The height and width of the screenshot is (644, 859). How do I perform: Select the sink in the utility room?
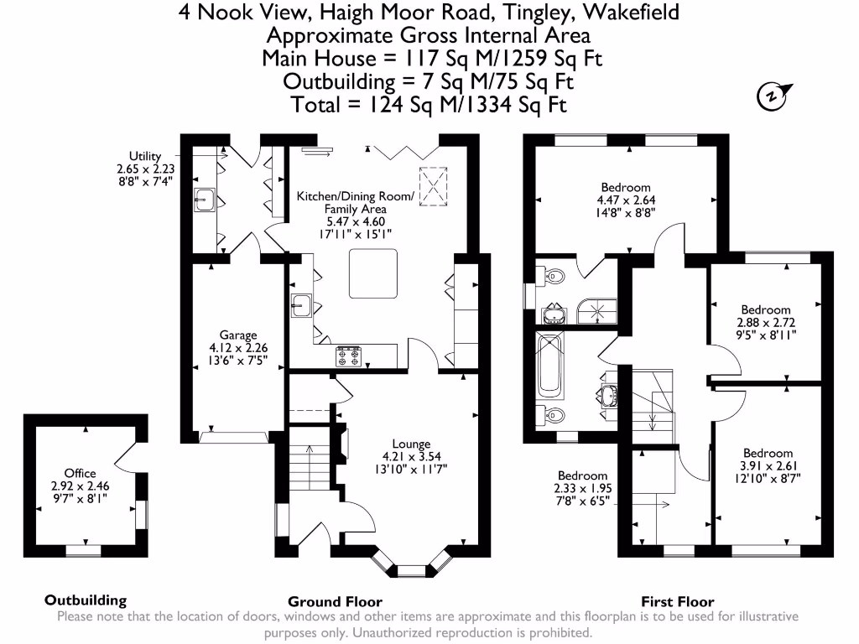206,200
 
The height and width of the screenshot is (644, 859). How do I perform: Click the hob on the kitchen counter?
350,357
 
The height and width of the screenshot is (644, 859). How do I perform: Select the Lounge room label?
411,444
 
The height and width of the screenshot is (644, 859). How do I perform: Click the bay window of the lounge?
411,570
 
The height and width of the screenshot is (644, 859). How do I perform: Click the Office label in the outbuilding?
81,473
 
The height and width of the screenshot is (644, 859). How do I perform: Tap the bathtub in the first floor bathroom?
550,369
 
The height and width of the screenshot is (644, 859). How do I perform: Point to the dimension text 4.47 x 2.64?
625,200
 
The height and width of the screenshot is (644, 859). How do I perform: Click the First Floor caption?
677,601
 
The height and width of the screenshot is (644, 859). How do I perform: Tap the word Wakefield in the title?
630,12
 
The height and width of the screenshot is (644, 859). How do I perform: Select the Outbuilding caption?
86,600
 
